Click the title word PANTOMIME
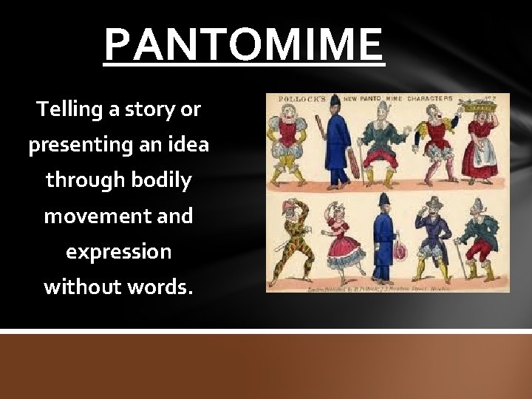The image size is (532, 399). [244, 45]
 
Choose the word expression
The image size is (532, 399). [118, 252]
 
